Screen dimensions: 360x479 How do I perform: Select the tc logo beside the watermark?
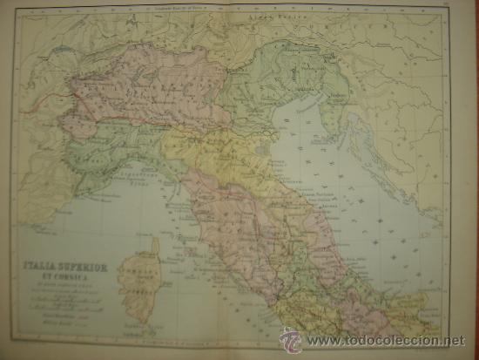click(x=290, y=339)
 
